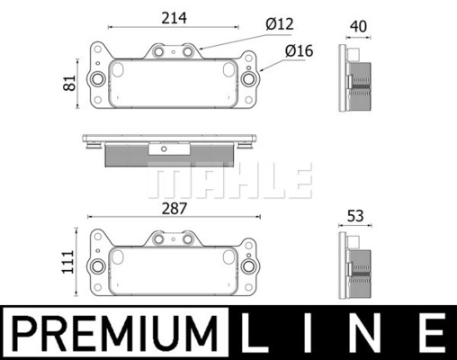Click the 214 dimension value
(x=174, y=18)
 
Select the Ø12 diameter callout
(x=280, y=24)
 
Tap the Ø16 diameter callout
(x=299, y=50)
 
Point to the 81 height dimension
(x=69, y=83)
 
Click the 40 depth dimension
(x=358, y=27)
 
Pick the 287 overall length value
(x=175, y=209)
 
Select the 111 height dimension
(x=67, y=262)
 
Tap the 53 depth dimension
(x=355, y=216)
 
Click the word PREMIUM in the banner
(x=114, y=333)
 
